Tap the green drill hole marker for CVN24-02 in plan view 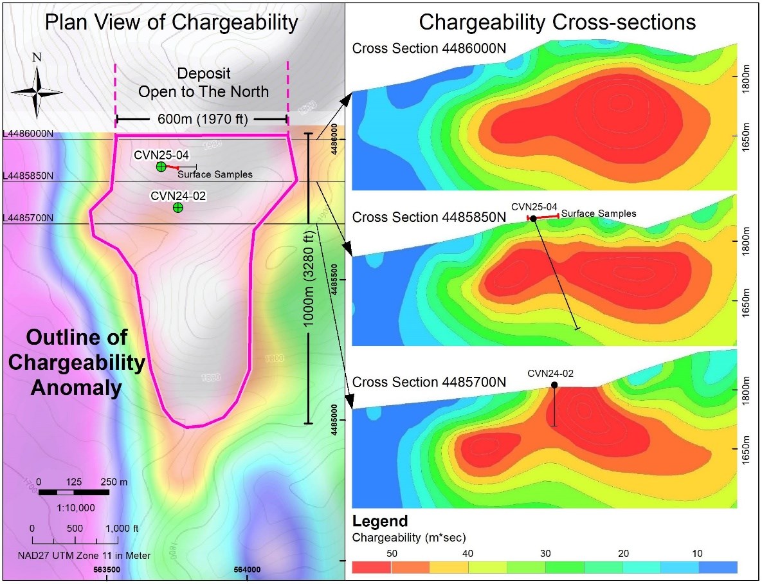tap(178, 208)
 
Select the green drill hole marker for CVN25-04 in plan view tap(161, 167)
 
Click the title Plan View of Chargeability tap(171, 23)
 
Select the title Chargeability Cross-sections tap(557, 23)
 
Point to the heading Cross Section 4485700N tap(429, 381)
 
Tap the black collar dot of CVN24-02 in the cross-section tap(554, 385)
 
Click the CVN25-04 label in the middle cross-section tap(534, 206)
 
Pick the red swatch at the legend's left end tap(372, 567)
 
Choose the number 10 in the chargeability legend tap(698, 554)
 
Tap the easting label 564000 tap(248, 570)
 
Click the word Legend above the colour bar tap(380, 521)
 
